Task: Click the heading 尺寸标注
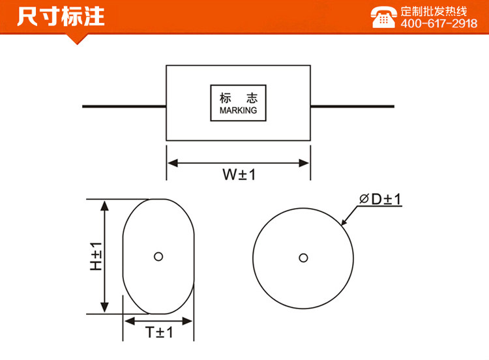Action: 60,16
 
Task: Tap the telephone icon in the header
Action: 383,17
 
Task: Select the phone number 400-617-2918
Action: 438,23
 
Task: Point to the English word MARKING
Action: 238,111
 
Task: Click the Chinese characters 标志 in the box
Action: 238,98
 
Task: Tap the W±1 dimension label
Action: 238,175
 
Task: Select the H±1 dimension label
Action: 96,257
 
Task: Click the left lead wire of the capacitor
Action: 124,106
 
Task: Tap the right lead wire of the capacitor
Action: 352,106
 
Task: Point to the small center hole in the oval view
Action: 158,256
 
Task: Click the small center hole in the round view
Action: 303,258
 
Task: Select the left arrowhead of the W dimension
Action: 172,163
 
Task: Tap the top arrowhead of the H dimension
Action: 103,205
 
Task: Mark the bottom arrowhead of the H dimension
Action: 103,308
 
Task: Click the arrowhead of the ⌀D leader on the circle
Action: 346,222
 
